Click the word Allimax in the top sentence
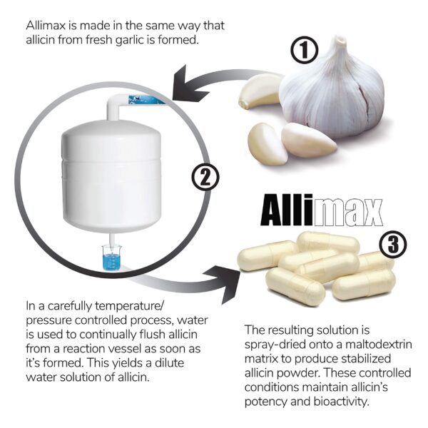49,26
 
